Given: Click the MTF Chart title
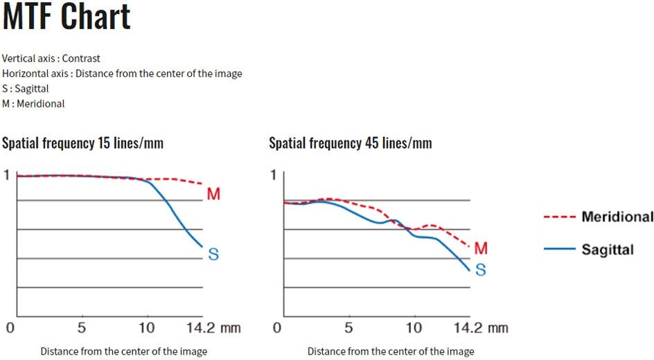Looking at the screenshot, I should coord(67,17).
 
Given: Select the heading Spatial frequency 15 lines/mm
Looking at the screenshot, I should coord(82,143).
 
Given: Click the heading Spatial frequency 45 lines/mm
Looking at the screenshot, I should coord(350,143).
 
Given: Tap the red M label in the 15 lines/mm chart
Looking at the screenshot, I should coord(213,195).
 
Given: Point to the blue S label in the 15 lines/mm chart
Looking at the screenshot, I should coord(213,255).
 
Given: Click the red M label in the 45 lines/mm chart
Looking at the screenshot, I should coord(481,248).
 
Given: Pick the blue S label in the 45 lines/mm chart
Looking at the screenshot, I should coord(480,270).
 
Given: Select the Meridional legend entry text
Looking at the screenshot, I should coord(617,217).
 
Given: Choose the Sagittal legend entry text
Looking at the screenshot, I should coord(608,249).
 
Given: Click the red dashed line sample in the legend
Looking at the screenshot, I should coord(557,217).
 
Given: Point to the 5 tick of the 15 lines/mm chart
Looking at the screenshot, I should coord(82,327).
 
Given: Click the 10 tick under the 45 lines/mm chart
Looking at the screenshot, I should coord(414,327).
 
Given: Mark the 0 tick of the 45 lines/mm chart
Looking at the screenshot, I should coord(277,327).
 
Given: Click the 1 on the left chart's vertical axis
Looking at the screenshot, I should coord(8,175).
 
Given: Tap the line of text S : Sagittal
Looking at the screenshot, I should coord(26,89).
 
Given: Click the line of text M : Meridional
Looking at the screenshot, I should coord(33,104).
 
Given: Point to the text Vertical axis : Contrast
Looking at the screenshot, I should coord(51,58).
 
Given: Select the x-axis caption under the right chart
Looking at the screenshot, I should coord(391,352).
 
